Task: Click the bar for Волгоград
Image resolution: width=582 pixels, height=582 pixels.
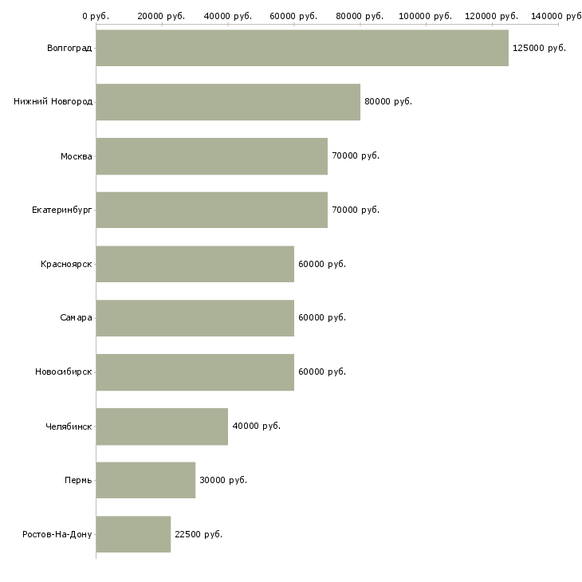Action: click(x=302, y=48)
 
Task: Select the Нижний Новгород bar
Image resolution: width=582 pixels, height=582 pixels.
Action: click(x=228, y=102)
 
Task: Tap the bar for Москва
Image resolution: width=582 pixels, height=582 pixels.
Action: click(x=211, y=155)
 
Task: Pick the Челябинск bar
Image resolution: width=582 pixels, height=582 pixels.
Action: click(x=162, y=426)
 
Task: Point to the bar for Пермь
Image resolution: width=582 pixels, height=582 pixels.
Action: click(x=145, y=480)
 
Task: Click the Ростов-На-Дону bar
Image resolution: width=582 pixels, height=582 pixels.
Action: click(x=133, y=534)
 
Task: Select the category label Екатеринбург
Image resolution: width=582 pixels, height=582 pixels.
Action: click(x=62, y=210)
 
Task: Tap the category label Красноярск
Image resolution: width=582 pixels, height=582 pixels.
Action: click(x=66, y=264)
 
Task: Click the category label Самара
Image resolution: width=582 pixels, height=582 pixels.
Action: click(x=76, y=317)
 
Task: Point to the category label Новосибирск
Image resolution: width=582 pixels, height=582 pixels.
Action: click(x=64, y=372)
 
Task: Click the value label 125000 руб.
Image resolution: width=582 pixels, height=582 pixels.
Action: click(x=539, y=48)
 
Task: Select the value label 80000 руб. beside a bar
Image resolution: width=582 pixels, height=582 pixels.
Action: click(x=388, y=102)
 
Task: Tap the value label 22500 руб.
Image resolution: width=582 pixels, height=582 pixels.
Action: click(x=199, y=534)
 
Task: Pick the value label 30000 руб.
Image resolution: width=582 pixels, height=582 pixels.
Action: click(x=223, y=480)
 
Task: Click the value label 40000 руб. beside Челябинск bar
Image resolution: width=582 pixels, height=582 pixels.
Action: click(x=256, y=426)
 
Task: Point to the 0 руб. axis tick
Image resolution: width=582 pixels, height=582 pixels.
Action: click(x=96, y=16)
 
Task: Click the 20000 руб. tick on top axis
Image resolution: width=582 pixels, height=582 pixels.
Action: click(x=161, y=16)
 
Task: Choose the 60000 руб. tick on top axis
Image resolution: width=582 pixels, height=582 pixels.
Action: click(x=293, y=16)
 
